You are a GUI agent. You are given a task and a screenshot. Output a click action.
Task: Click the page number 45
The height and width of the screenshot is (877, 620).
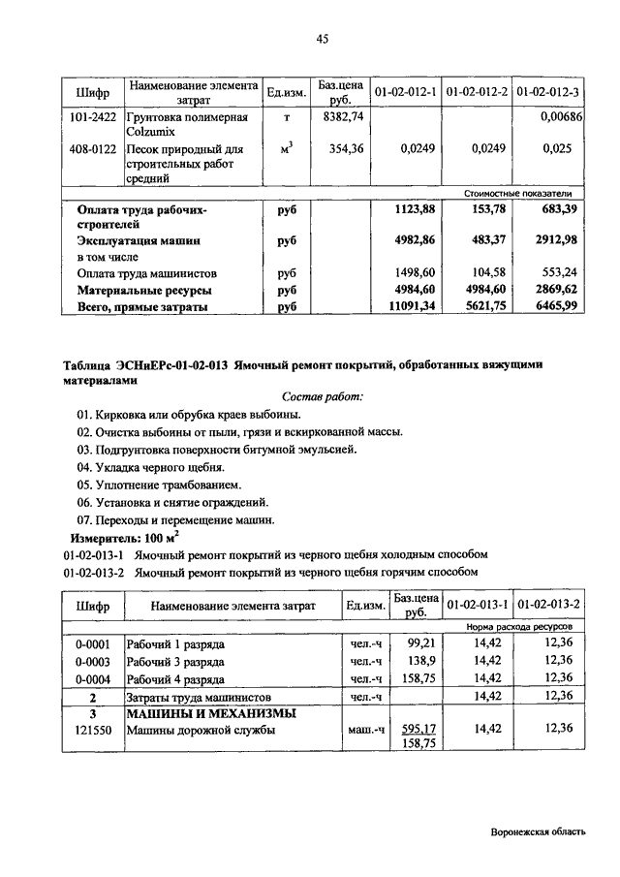coord(323,39)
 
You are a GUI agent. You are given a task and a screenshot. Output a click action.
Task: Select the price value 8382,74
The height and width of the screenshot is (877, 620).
coord(342,117)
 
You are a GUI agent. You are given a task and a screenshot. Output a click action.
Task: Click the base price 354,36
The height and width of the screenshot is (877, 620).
coord(345,149)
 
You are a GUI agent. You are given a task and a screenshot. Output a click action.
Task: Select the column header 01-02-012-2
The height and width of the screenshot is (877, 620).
coord(477,92)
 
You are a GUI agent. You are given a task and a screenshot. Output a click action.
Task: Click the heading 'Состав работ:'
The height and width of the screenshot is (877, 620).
coord(323,396)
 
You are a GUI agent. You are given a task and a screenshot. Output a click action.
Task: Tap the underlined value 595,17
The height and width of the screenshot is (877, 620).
coord(418,728)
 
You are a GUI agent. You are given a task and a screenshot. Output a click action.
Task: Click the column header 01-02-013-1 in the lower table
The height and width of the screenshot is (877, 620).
coord(477,606)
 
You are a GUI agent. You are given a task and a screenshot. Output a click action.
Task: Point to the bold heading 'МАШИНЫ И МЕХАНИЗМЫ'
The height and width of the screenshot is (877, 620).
coord(210,714)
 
